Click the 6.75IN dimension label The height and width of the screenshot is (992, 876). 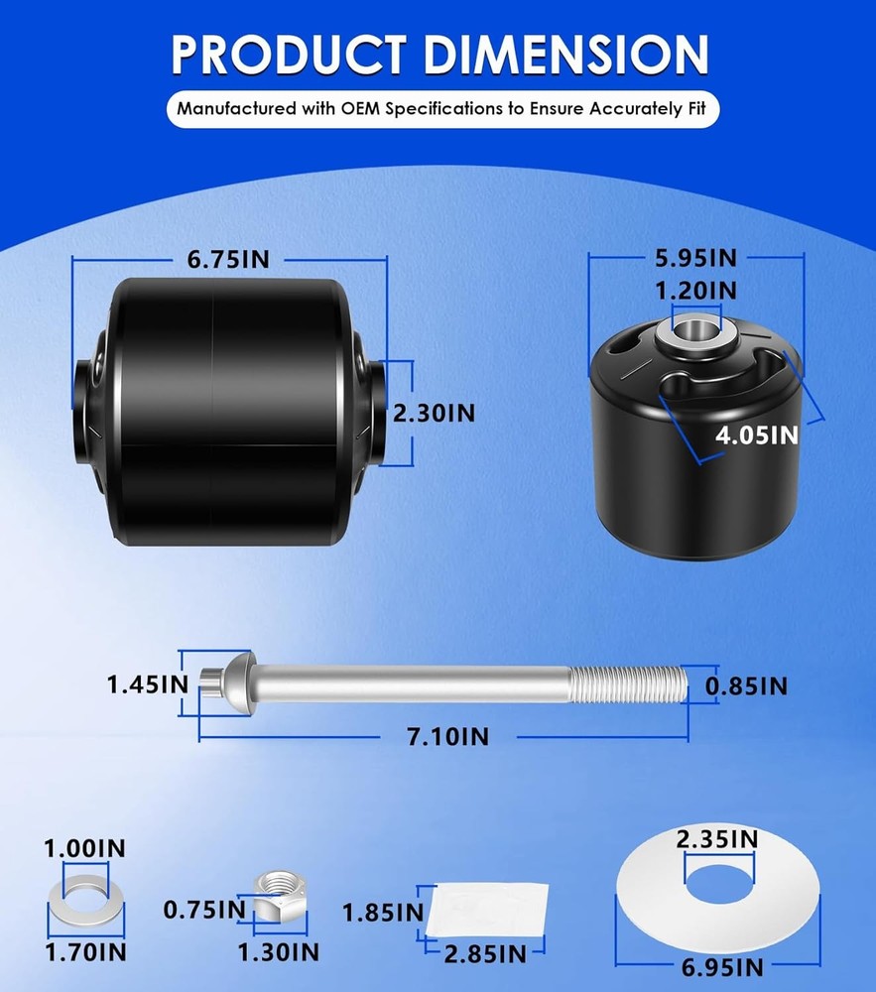(x=228, y=260)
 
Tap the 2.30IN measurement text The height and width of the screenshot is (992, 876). (x=434, y=414)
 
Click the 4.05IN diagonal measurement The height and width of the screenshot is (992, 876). (x=757, y=434)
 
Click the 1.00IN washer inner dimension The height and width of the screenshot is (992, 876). (x=84, y=848)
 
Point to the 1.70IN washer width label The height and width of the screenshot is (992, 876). (x=84, y=952)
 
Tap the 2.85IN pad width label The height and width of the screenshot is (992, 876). (x=485, y=954)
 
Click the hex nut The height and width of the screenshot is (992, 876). (x=279, y=895)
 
